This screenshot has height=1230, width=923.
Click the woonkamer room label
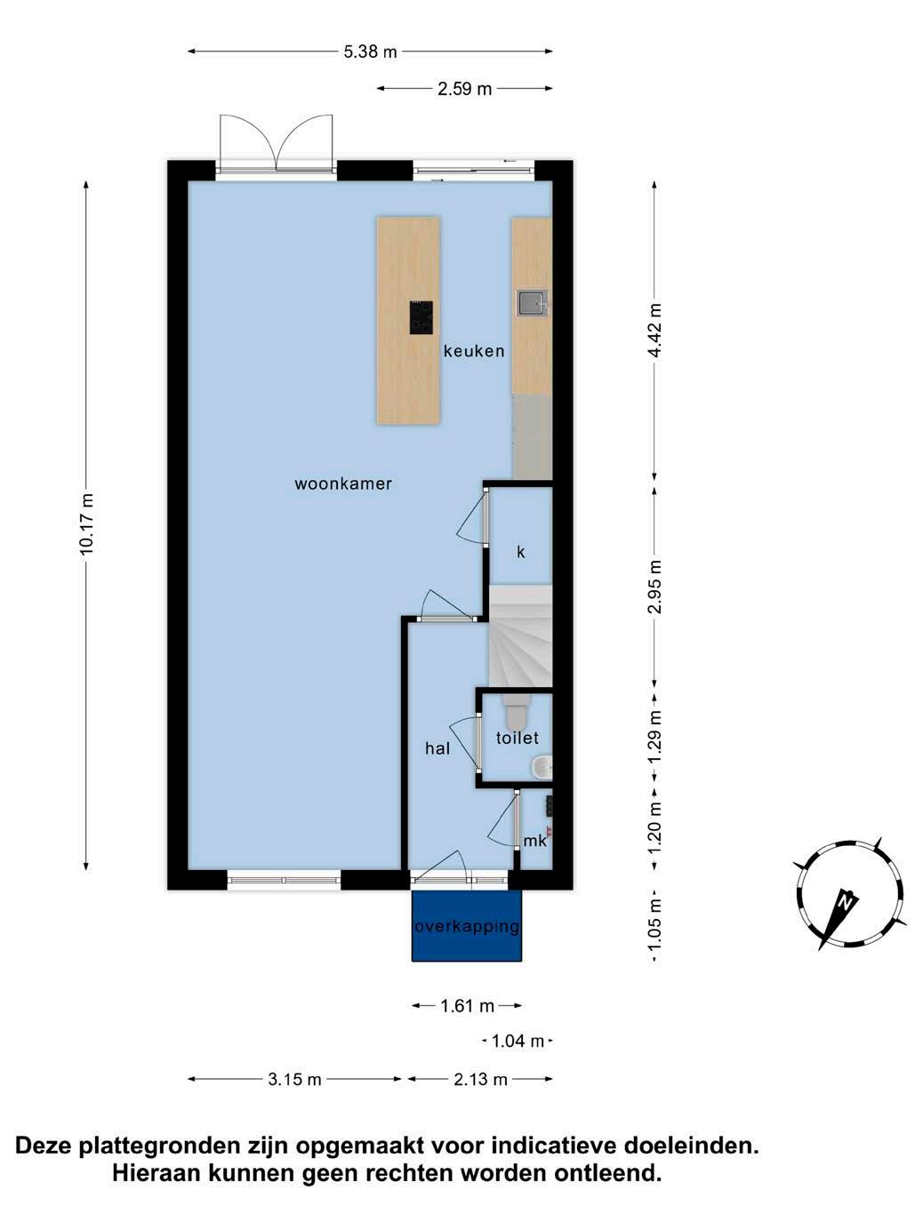tap(343, 483)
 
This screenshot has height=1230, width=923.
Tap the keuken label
tap(474, 351)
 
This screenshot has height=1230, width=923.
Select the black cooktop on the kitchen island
tap(421, 317)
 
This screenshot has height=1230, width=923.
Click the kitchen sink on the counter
tap(531, 304)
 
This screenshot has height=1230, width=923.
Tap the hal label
tap(437, 748)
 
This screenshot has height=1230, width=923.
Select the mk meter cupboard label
tap(534, 841)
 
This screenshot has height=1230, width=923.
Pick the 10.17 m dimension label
tap(86, 524)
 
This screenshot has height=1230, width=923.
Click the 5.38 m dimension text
tap(370, 52)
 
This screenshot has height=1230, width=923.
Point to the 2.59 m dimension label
tap(464, 89)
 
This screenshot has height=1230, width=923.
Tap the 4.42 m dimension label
tap(654, 330)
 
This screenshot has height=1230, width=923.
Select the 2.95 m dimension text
tap(654, 587)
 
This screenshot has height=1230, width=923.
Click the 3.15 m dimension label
tap(294, 1079)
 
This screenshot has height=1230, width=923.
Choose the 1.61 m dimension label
tap(468, 1006)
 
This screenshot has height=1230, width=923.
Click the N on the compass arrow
tap(845, 902)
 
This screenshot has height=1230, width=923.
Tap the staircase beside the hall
tap(521, 635)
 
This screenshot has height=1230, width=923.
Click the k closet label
tap(520, 552)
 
